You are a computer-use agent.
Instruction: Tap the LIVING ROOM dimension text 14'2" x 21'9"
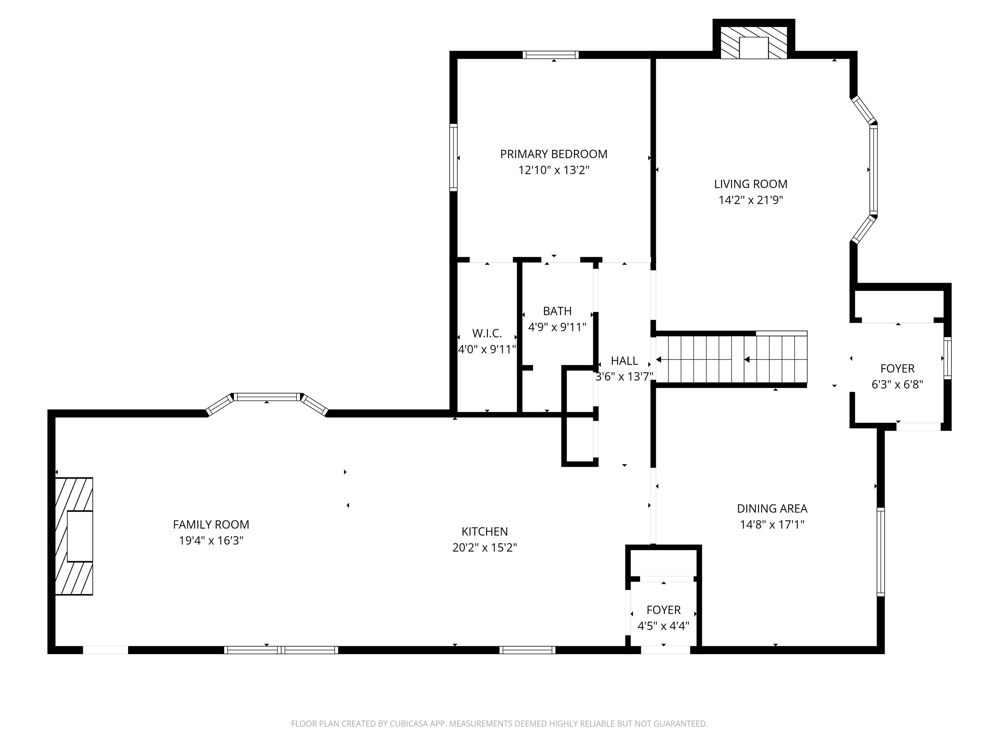coord(751,200)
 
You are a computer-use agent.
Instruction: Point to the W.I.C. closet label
coord(487,334)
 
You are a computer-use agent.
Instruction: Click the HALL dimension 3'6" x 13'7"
coord(624,376)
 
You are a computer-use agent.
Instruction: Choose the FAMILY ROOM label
coord(211,525)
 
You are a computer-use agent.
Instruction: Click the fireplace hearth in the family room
coord(74,536)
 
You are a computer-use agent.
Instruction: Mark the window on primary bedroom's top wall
coord(551,55)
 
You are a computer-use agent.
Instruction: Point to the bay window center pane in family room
coord(267,397)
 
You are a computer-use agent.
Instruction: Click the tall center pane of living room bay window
coord(873,170)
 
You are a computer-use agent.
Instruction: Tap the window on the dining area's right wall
coord(880,552)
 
